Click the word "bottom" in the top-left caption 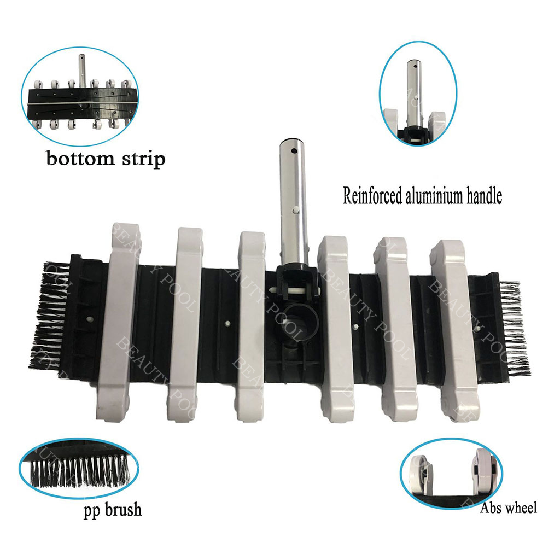(80, 158)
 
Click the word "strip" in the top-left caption (144, 159)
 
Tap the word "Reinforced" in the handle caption (372, 196)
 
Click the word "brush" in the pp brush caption (123, 510)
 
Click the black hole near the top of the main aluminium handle (294, 151)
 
